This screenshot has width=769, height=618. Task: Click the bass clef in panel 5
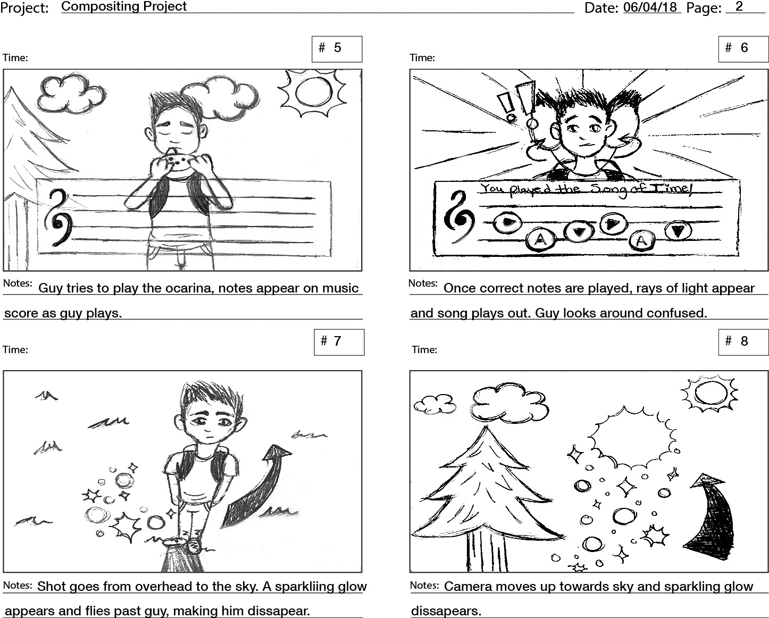59,218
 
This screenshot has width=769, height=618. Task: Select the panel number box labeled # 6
743,49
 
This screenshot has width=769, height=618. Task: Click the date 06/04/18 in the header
650,7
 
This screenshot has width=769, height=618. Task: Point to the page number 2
739,6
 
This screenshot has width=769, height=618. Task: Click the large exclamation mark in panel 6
528,104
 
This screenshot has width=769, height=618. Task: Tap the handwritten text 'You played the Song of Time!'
586,190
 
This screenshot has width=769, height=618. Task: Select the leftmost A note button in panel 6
541,239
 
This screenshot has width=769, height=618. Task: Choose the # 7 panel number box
339,343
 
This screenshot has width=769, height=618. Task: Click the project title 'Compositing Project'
124,6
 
